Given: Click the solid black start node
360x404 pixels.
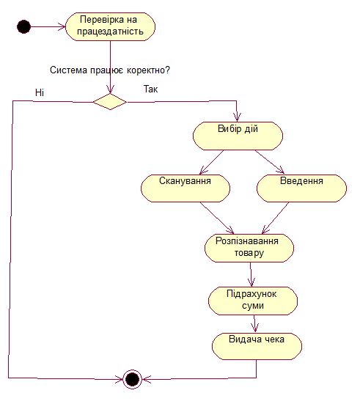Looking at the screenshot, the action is coord(23,26).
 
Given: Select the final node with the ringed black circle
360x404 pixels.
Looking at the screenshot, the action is coord(132,379).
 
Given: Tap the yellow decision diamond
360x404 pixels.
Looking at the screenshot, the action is coord(110,102).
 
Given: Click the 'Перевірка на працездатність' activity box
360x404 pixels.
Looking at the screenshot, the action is coord(110,26).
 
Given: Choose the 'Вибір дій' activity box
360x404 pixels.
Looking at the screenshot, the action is coord(238,136).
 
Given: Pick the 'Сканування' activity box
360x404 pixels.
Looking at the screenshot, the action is coord(185,188).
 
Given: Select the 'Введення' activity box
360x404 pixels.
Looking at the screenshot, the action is coord(301,188).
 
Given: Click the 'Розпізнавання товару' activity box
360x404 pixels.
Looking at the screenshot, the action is coord(249,248).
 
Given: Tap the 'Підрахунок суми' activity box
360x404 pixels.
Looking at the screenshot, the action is coord(253,301).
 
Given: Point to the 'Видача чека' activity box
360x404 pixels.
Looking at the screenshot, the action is coord(257,346).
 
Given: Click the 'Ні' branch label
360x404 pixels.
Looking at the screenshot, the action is coord(40,92).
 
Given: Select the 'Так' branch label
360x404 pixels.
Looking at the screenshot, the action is coord(151,89).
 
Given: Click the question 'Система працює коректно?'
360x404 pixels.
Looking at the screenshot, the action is coord(110,70).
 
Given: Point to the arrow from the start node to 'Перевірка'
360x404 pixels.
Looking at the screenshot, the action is coord(48,26).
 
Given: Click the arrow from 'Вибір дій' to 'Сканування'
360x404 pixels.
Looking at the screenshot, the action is coord(212,162).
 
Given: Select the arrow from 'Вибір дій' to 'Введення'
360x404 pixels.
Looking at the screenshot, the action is coord(270,162).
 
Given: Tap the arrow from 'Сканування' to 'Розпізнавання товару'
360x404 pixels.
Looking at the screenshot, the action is coord(217,218).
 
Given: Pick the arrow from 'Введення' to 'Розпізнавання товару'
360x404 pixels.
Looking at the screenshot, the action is coord(275,218).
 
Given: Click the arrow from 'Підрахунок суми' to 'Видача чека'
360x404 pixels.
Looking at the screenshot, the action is coord(254,324).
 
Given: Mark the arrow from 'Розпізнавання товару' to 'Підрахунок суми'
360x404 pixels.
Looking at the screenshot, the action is coord(251,275).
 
